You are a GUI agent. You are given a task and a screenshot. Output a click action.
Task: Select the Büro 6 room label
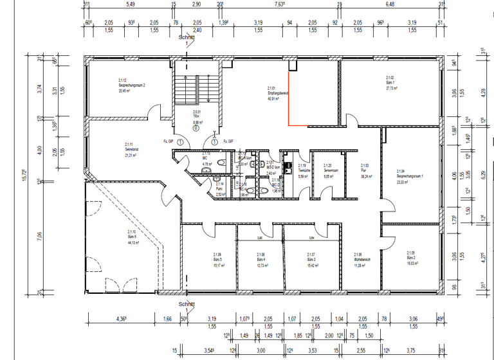pyautogui.click(x=131, y=236)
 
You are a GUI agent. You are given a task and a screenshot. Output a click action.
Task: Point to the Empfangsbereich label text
pyautogui.click(x=277, y=94)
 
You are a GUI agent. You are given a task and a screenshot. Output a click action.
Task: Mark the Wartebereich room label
pyautogui.click(x=361, y=258)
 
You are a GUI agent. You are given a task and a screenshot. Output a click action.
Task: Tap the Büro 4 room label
pyautogui.click(x=261, y=258)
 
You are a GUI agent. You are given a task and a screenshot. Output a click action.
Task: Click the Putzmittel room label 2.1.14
pyautogui.click(x=219, y=188)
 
